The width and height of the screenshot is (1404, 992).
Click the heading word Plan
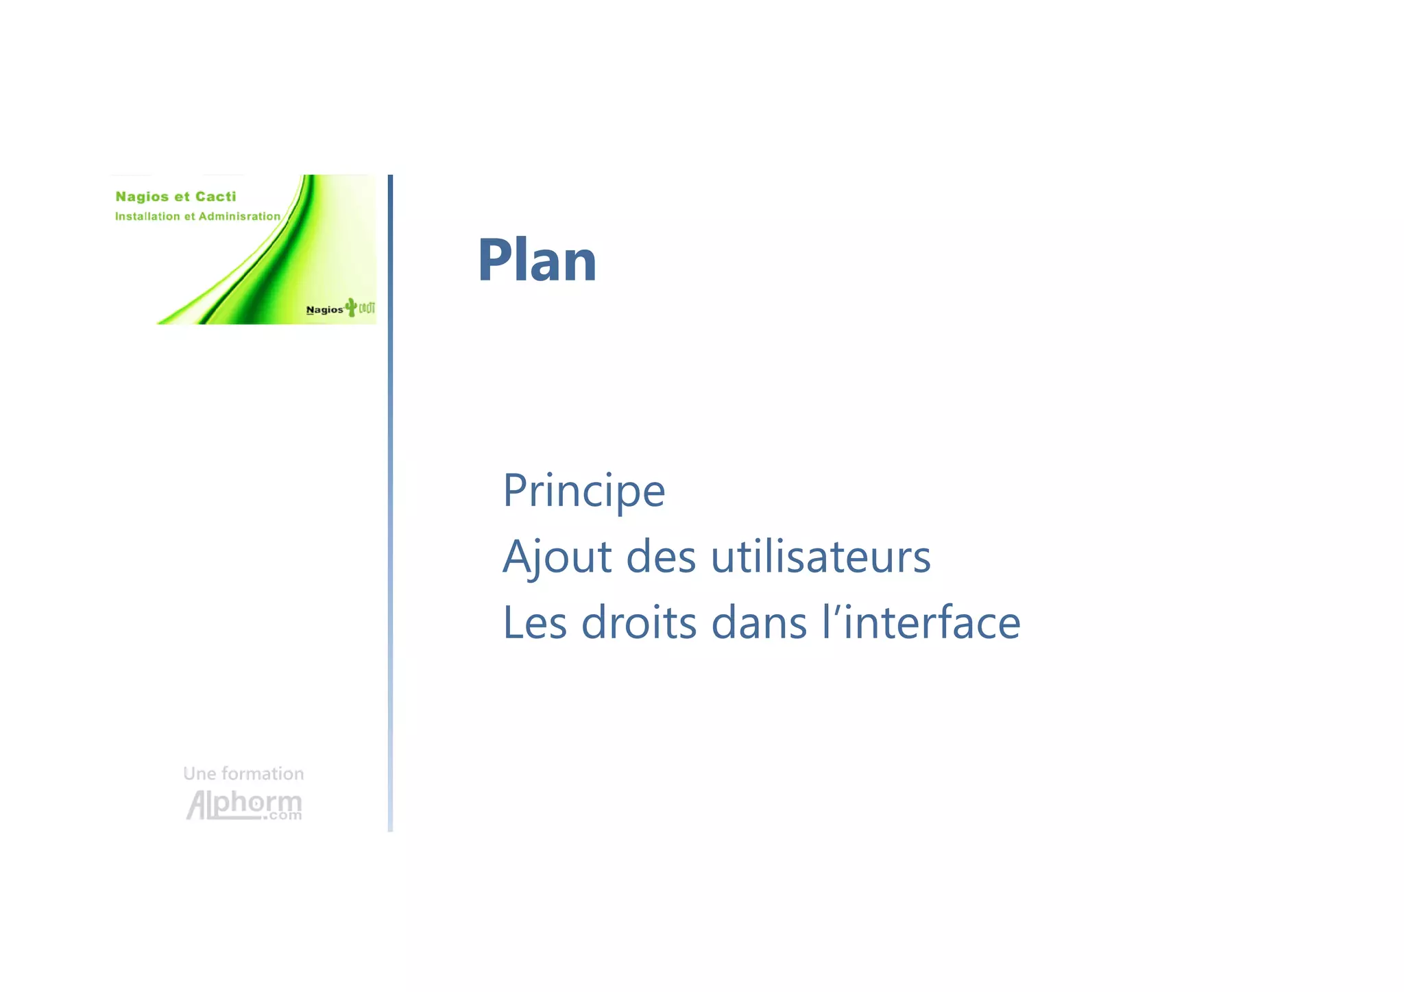[537, 261]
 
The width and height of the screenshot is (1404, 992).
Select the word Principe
[583, 492]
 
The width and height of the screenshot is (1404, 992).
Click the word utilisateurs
[821, 557]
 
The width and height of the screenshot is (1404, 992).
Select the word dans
[759, 622]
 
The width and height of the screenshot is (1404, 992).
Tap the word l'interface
[921, 622]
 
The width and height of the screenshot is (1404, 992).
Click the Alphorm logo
[243, 804]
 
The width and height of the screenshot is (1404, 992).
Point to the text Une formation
[243, 773]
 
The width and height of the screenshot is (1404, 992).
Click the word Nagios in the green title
[142, 197]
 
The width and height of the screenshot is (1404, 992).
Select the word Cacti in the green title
[215, 197]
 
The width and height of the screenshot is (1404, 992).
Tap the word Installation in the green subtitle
[147, 217]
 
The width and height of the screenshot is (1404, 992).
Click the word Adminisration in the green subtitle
[239, 217]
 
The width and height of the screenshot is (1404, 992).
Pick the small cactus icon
[351, 307]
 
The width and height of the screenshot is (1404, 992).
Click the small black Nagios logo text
[324, 310]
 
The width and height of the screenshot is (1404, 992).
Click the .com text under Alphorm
[285, 816]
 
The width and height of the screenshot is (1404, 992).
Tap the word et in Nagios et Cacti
[182, 197]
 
